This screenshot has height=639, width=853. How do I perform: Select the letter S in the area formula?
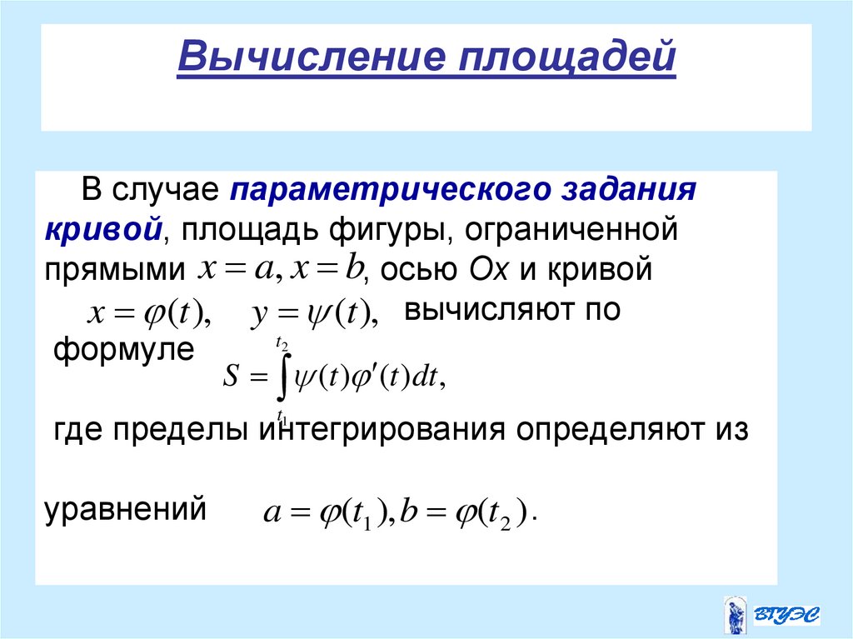[x=232, y=380]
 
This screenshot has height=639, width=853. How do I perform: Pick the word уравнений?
[x=125, y=507]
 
